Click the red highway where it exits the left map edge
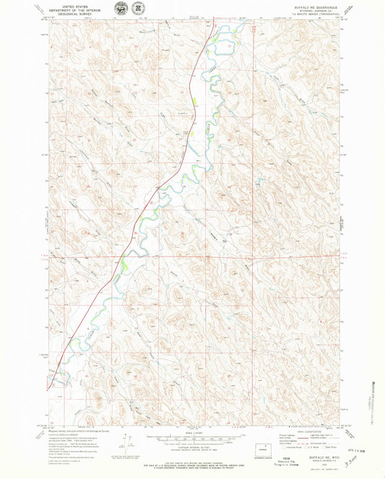pyautogui.click(x=50, y=389)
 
